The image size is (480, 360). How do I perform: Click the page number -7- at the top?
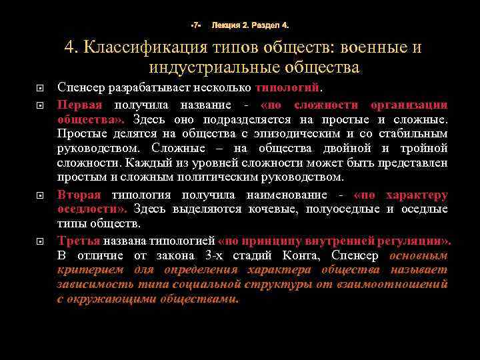coord(196,25)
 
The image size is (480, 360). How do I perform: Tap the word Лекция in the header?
coord(225,25)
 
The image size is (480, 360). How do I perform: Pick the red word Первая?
coord(79,105)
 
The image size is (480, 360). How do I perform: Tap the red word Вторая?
coord(79,195)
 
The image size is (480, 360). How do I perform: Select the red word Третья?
coord(79,240)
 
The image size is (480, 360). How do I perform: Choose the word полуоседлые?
coord(344,209)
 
